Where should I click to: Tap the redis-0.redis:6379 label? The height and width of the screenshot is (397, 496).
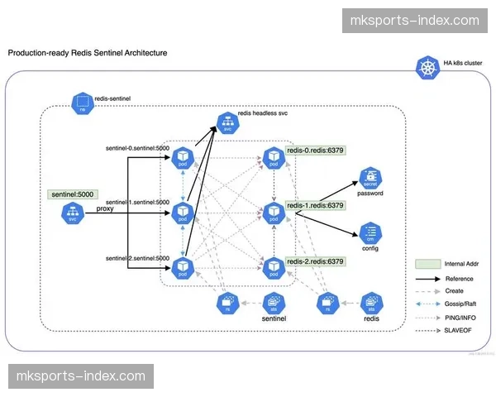(x=315, y=151)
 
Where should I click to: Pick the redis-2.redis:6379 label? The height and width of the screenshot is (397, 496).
(x=315, y=261)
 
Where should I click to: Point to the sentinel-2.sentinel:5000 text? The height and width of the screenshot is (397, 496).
(x=136, y=257)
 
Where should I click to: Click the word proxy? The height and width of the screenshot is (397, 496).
(x=105, y=209)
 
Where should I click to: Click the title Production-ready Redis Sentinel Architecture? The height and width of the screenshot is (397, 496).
(x=88, y=52)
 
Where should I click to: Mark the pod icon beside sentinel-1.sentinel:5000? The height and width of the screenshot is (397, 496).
(x=181, y=213)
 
